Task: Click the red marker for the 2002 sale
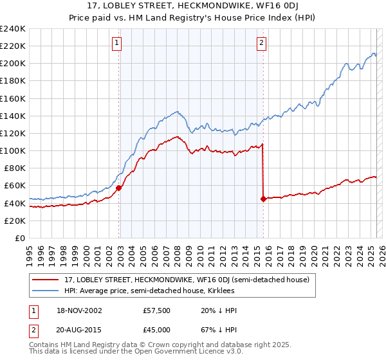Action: click(119, 188)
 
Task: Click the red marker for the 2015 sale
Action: click(263, 199)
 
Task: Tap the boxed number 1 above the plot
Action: click(117, 43)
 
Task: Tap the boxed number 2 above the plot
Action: click(262, 43)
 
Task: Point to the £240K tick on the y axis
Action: click(13, 29)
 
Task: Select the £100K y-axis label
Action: click(13, 150)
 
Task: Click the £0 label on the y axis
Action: click(20, 238)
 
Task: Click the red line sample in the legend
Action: click(45, 280)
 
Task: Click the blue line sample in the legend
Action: click(45, 291)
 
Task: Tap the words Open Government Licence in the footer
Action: click(183, 353)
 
